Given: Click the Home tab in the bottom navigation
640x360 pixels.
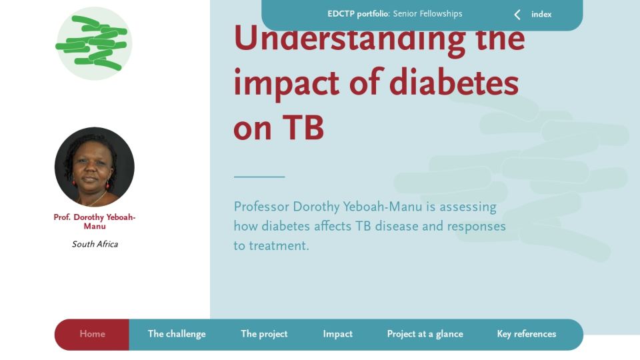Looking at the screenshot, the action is coord(92,334).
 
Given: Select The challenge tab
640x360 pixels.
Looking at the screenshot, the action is coord(177,334).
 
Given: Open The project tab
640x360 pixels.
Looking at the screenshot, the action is coord(264,334).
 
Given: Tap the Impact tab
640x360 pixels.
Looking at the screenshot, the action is coord(337,334).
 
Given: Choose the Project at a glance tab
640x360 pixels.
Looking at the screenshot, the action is coord(425,334).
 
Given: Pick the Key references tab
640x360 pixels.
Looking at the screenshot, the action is coord(527,334).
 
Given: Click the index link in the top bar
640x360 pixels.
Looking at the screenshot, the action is coord(541,14).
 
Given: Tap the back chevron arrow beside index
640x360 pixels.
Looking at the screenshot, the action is coord(517,15).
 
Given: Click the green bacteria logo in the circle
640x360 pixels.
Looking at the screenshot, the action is coord(94,43).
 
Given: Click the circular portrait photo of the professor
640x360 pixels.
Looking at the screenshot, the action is coord(94,167).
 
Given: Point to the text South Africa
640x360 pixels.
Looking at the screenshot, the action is coord(95,244).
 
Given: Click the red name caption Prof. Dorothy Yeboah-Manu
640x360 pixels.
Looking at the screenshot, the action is coord(94,221).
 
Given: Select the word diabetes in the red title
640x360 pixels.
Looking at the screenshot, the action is coord(454,83).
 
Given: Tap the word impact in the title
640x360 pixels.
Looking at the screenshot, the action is coord(286,84).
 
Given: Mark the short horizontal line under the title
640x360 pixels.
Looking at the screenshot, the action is coord(259,177).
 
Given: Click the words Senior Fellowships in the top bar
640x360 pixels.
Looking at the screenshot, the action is coord(428,14).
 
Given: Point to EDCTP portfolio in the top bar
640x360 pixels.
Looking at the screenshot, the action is coord(359,14).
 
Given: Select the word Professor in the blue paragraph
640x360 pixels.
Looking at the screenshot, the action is coord(261,207).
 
